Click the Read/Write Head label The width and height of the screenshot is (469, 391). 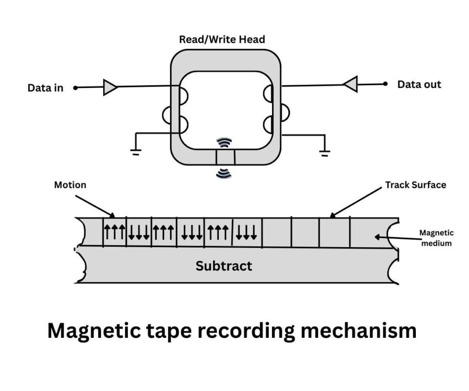(x=222, y=39)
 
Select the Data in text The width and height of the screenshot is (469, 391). (x=45, y=88)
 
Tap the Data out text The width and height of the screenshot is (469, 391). (x=419, y=84)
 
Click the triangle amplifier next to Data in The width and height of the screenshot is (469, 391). (x=110, y=87)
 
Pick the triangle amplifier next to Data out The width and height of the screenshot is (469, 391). (x=350, y=84)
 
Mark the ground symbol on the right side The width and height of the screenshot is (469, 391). (x=325, y=153)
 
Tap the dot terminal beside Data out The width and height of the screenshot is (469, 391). (x=386, y=84)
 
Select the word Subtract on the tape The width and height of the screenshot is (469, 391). (x=224, y=266)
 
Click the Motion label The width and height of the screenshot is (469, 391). (x=71, y=185)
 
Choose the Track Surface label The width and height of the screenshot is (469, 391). (x=415, y=185)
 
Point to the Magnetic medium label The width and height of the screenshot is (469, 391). (x=436, y=238)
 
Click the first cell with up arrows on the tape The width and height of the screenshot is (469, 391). (x=114, y=232)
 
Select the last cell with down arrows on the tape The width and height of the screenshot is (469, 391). (x=247, y=232)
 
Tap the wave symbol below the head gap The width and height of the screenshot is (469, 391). (x=224, y=173)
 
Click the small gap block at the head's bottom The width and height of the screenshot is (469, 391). (x=225, y=157)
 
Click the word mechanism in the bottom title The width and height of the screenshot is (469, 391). (x=357, y=331)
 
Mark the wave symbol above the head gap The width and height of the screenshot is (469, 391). (x=224, y=143)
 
